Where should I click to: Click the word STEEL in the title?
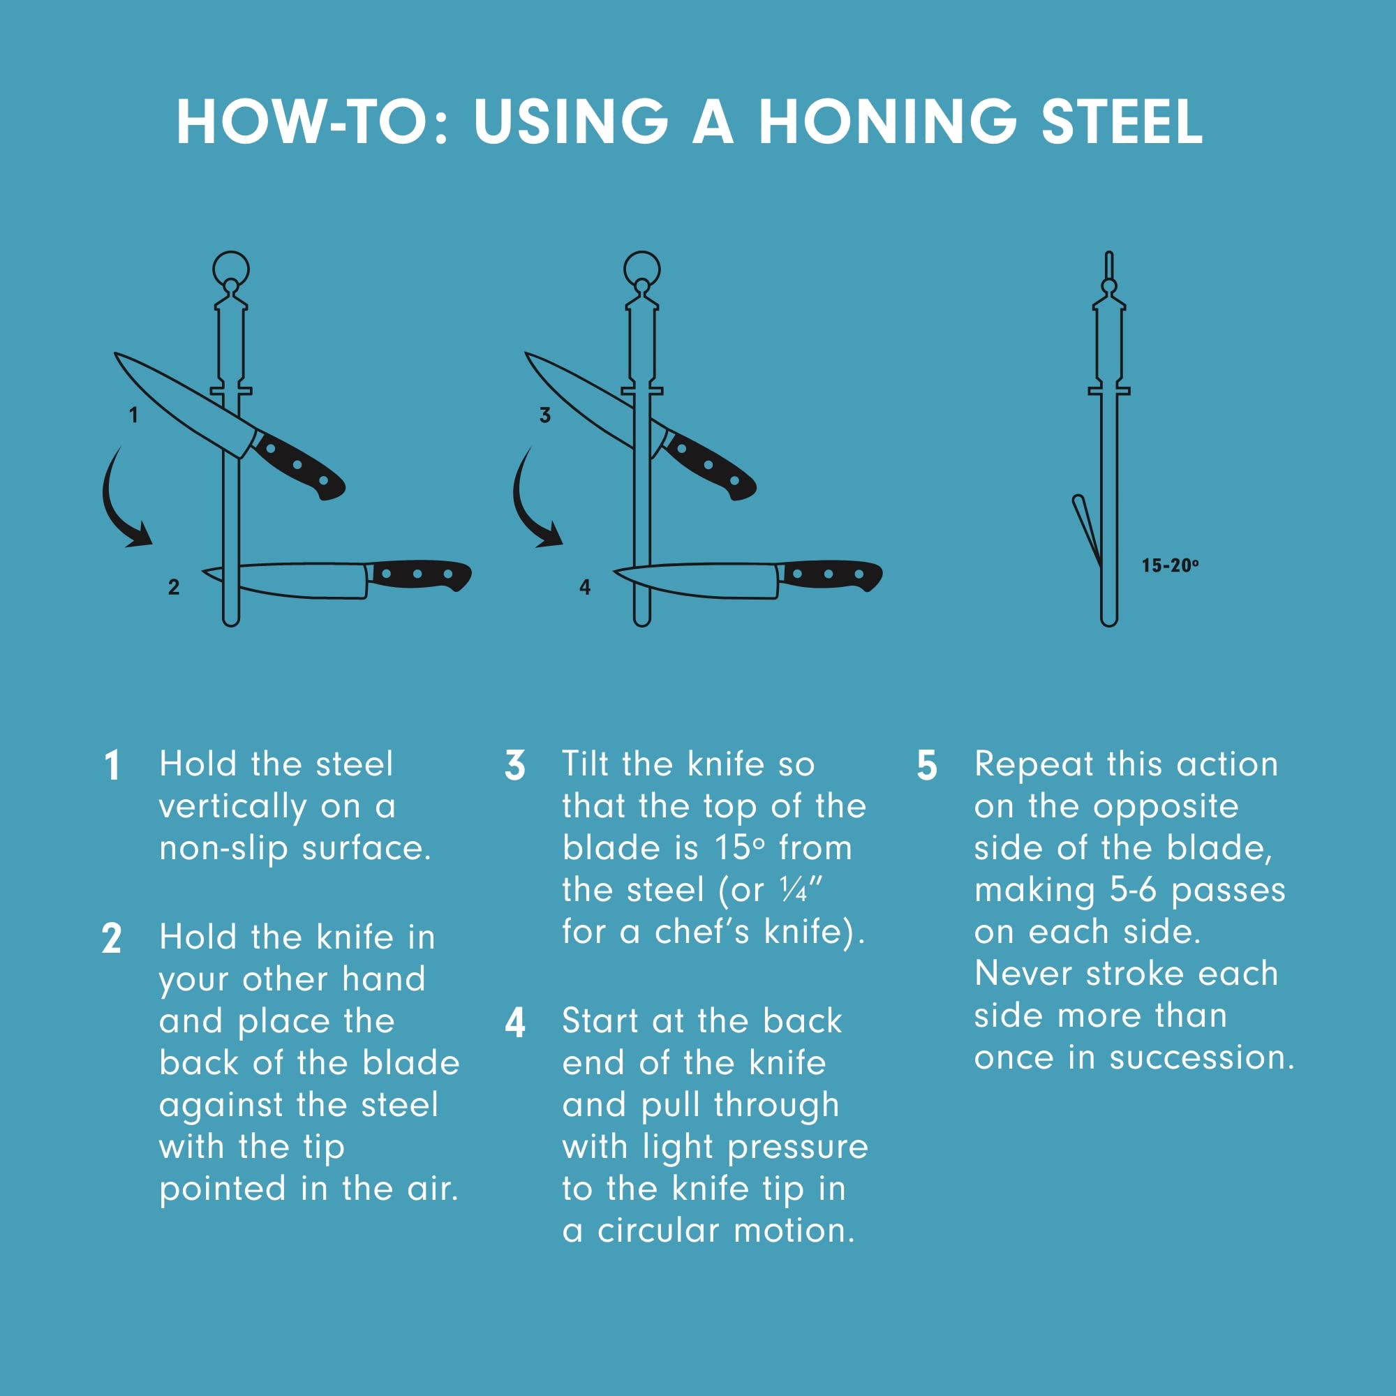point(1122,121)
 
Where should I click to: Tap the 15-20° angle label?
point(1170,565)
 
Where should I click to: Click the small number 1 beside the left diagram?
point(134,415)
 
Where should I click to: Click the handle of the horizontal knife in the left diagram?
point(419,575)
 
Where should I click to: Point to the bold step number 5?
point(927,766)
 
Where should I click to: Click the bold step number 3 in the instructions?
point(514,766)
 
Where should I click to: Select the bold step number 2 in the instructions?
point(111,939)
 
